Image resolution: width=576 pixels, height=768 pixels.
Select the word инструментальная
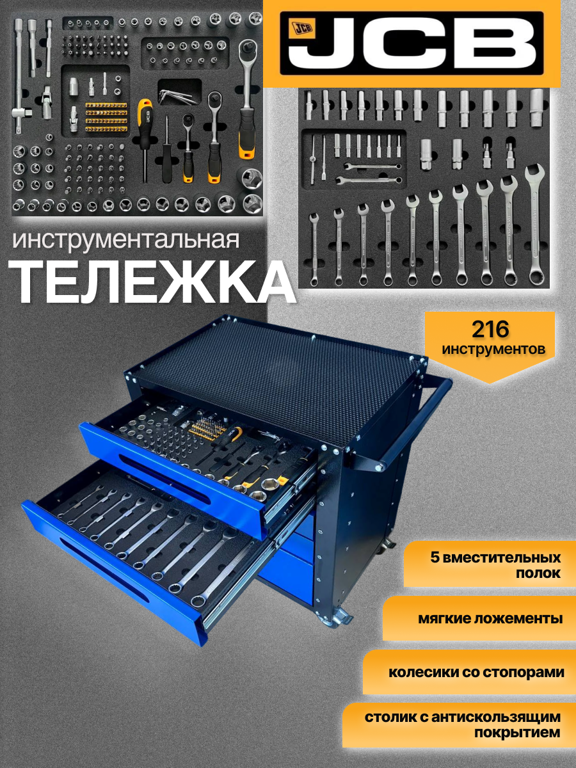(126, 241)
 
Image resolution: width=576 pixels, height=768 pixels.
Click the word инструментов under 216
(493, 349)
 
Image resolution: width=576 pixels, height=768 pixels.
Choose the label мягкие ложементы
(490, 619)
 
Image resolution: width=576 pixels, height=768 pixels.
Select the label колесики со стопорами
(476, 673)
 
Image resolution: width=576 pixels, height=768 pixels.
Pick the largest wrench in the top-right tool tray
(534, 224)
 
